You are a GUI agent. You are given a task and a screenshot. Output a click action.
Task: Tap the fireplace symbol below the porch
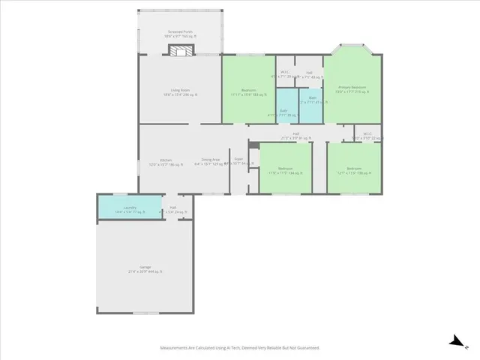[179, 50]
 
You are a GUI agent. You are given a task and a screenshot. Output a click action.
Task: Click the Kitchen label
[155, 160]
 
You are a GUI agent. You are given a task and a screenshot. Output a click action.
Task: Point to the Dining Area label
[211, 160]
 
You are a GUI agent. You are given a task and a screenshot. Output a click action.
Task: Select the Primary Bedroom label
[352, 87]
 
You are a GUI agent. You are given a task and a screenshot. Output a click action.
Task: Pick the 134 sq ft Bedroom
[285, 169]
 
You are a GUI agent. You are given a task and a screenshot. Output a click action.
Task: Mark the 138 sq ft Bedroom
[354, 169]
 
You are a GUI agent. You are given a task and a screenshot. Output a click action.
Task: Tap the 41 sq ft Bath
[311, 100]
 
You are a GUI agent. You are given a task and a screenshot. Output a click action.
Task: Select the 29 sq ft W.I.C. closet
[284, 75]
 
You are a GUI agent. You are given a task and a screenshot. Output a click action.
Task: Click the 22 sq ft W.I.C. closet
[367, 134]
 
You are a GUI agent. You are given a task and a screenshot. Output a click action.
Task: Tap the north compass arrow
[455, 341]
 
